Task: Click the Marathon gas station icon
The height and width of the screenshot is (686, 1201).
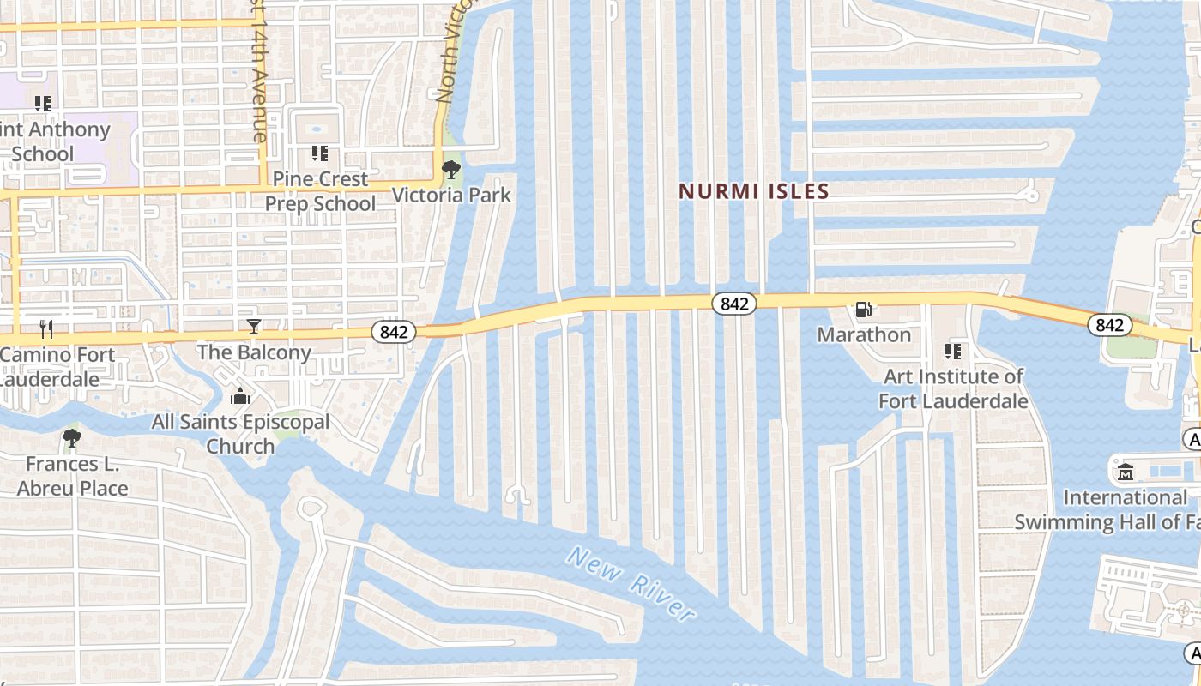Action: point(863,310)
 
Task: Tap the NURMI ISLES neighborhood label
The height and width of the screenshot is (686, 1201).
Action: point(754,191)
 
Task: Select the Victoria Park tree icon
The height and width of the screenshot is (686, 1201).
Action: point(450,170)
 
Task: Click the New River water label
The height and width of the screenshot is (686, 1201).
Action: point(631,585)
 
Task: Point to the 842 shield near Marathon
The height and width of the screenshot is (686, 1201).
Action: point(733,304)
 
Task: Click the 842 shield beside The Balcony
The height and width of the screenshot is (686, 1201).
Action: point(394,331)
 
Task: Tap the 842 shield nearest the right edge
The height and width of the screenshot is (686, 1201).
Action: point(1109,325)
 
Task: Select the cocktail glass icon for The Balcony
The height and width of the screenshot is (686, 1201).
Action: point(254,326)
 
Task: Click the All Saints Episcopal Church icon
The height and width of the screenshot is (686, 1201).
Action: point(240,396)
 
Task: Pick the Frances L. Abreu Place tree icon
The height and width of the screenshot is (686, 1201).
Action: point(72,439)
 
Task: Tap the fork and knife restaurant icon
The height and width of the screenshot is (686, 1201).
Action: point(47,328)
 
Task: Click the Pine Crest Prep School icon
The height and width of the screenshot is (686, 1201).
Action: point(319,153)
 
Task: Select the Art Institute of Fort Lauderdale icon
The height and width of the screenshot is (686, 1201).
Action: point(952,352)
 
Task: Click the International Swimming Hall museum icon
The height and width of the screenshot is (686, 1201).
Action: point(1126,472)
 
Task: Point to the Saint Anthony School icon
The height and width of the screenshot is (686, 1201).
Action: point(43,104)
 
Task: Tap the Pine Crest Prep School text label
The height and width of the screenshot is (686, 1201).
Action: point(320,191)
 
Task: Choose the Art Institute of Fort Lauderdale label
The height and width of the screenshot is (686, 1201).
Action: point(953,388)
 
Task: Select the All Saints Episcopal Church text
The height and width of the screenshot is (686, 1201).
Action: point(240,434)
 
